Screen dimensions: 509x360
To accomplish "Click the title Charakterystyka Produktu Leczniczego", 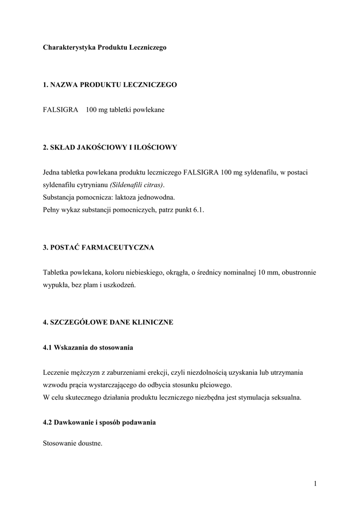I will click(x=104, y=48).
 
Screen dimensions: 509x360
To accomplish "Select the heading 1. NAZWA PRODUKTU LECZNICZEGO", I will click(x=110, y=85).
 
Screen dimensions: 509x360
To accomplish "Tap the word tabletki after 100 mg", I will click(x=117, y=110).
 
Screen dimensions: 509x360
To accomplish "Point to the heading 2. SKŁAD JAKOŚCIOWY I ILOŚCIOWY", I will click(x=110, y=147).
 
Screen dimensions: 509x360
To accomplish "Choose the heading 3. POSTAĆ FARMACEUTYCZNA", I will click(x=99, y=247).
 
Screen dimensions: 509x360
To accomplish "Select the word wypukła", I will click(x=55, y=285).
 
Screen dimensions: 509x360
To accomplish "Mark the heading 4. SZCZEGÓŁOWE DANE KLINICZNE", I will click(x=108, y=322).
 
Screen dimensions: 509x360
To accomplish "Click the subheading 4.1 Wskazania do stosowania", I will click(x=88, y=347).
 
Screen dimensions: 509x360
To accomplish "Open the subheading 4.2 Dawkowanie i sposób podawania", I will click(x=99, y=422).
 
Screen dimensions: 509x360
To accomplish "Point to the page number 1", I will click(x=315, y=484).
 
